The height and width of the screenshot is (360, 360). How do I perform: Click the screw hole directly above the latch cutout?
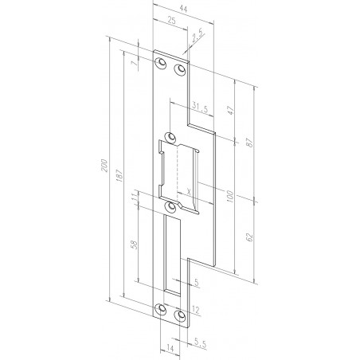170,136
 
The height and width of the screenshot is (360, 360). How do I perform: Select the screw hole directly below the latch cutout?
170,208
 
